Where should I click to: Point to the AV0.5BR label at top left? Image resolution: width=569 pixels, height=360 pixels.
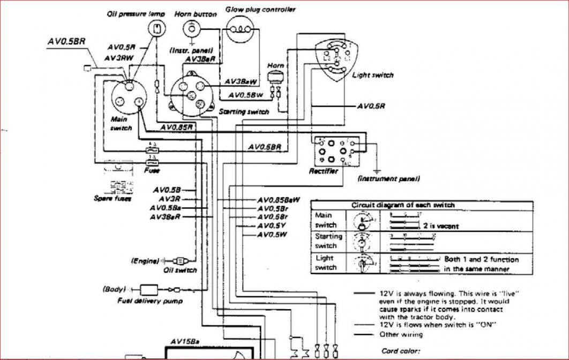[x=68, y=40]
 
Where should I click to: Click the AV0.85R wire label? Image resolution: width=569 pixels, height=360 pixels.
[x=177, y=127]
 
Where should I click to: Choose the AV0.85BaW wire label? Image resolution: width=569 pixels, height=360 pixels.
[x=278, y=200]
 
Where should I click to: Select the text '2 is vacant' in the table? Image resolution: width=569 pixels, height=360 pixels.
[x=440, y=226]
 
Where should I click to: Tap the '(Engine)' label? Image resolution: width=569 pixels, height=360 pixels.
[x=145, y=261]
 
